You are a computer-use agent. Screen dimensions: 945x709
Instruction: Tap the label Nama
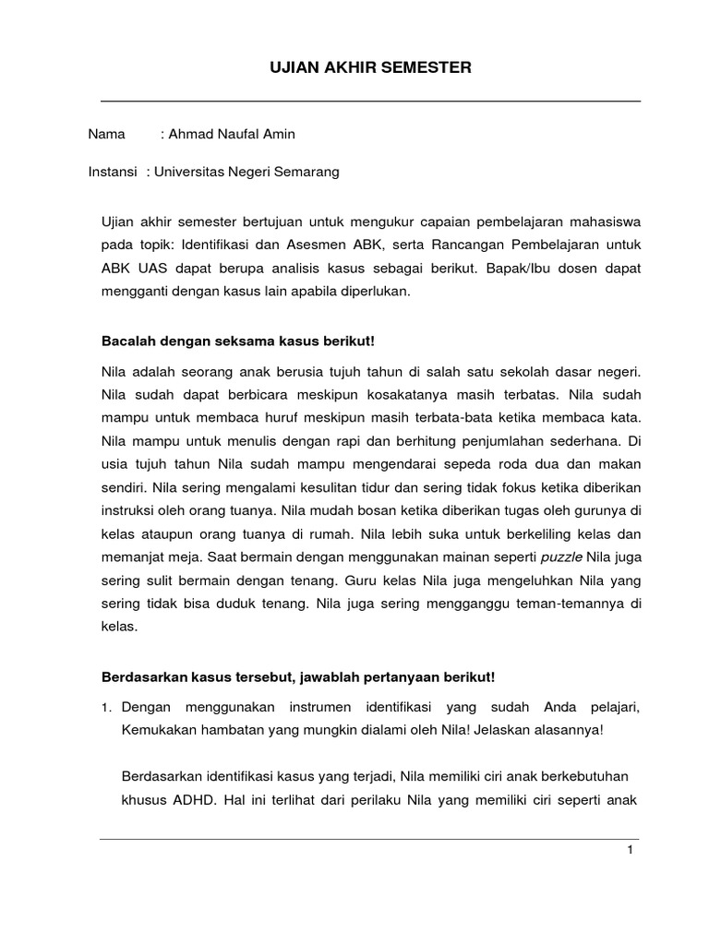coord(106,135)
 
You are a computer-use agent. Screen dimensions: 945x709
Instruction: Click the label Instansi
coord(113,172)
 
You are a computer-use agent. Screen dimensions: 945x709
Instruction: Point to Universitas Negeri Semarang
coord(247,172)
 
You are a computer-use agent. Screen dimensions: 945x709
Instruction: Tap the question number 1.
coord(106,708)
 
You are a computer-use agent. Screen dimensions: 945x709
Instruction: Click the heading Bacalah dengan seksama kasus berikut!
coord(238,341)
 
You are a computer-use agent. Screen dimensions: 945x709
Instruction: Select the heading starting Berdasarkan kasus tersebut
coord(298,677)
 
